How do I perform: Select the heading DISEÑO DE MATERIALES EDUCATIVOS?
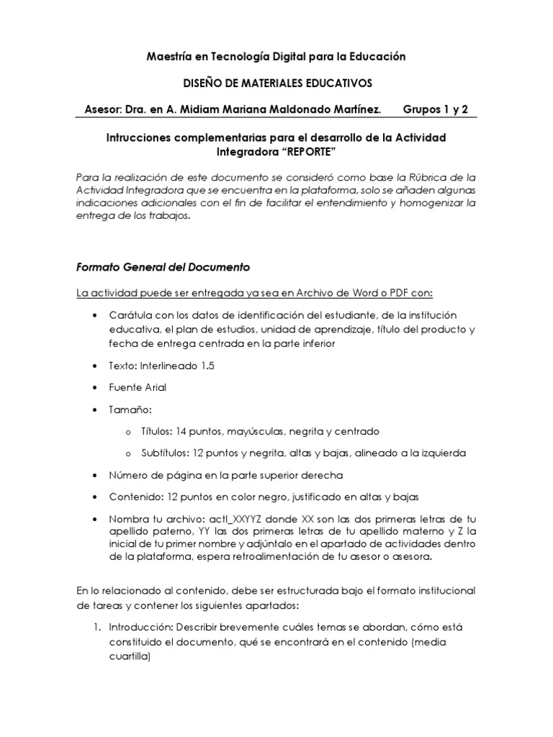tap(276, 83)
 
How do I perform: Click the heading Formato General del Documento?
tap(163, 267)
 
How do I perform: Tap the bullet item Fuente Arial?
tap(138, 387)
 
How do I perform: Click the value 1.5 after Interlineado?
tap(207, 366)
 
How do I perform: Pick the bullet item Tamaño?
tap(130, 410)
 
